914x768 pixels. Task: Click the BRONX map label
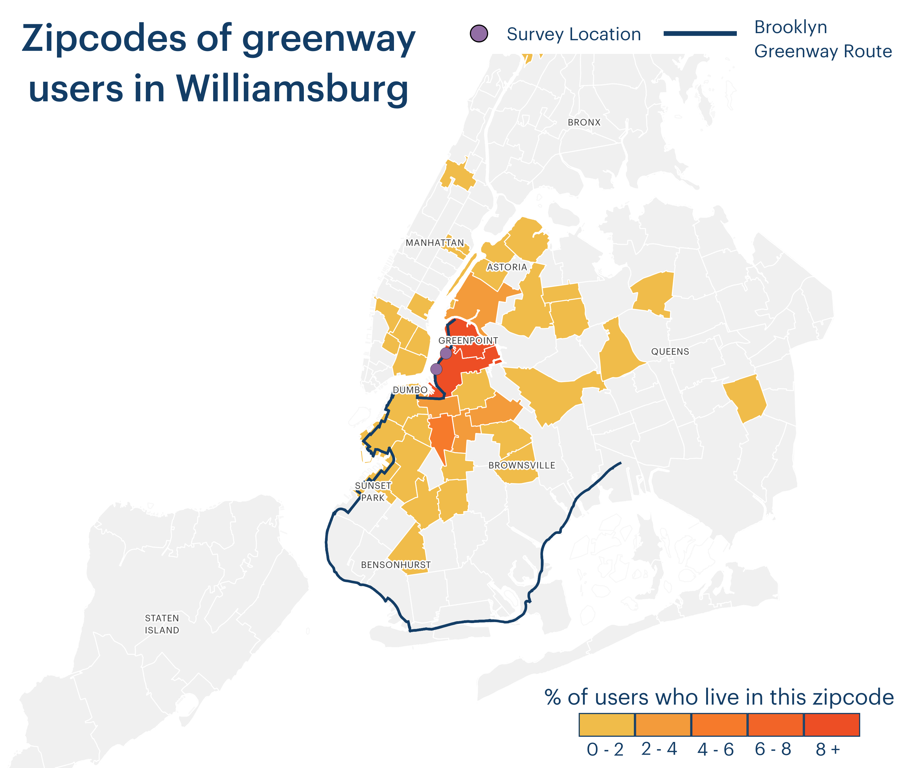(x=584, y=122)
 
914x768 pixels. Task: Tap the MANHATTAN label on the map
(x=435, y=243)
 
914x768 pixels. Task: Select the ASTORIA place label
(x=506, y=267)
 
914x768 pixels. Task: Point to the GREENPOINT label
(x=468, y=340)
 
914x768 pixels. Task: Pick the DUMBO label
(x=410, y=390)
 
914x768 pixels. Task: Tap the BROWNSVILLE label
(x=522, y=465)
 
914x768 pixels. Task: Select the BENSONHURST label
(x=396, y=565)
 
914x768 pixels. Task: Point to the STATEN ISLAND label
(x=162, y=624)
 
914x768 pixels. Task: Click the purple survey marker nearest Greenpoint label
(x=445, y=353)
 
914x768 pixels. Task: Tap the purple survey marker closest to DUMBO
(x=436, y=369)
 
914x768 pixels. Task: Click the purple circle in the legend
(x=479, y=33)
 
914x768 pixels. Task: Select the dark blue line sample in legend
(x=700, y=33)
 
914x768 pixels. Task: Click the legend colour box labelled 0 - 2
(x=606, y=725)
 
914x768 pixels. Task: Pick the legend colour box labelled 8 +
(x=831, y=725)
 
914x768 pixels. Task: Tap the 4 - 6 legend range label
(x=715, y=750)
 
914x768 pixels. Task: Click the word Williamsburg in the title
(x=292, y=89)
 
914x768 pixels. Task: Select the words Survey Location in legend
(x=574, y=34)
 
